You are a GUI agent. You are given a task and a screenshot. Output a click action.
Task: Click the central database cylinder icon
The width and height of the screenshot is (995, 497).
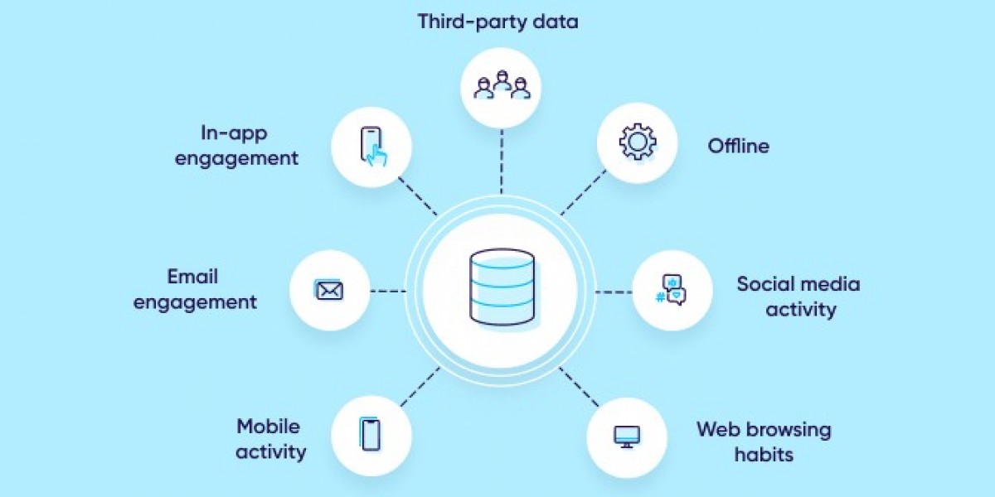point(502,287)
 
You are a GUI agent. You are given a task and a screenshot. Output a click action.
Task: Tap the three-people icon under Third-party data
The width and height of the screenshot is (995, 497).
point(501,86)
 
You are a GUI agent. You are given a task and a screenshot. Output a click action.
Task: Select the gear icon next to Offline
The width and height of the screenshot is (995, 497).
point(637,142)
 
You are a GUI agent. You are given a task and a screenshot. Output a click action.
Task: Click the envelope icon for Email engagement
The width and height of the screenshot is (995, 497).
point(330,290)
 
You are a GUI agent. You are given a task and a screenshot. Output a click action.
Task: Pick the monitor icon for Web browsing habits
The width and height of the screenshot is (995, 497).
point(626,437)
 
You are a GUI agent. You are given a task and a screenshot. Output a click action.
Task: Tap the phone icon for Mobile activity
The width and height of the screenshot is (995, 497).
point(371,434)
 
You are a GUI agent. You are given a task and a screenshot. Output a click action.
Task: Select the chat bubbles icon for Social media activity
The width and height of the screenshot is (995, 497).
point(672,291)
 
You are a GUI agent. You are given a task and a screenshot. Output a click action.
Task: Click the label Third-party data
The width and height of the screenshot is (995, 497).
point(498,22)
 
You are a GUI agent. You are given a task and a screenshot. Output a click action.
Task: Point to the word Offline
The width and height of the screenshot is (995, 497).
point(738,147)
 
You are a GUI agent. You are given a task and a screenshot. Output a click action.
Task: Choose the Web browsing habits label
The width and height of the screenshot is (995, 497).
point(763,442)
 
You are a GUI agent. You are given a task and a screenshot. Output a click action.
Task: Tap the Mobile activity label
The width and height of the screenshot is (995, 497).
point(270,439)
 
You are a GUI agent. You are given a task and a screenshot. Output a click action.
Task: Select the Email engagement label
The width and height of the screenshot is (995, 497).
point(196,288)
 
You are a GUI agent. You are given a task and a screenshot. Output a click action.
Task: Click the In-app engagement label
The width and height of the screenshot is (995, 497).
point(236,145)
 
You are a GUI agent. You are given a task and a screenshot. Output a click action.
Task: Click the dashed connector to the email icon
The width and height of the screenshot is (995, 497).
point(388,291)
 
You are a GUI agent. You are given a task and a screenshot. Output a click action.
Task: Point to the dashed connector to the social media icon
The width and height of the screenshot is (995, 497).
point(614,292)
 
